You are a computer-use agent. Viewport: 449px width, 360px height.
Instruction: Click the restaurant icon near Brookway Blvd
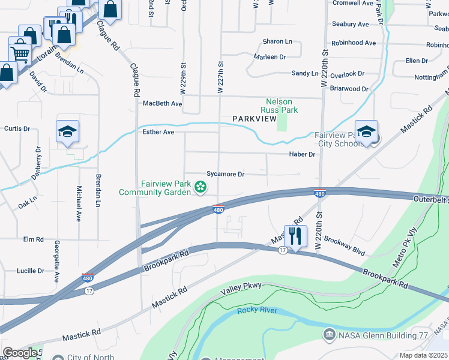tap(295, 236)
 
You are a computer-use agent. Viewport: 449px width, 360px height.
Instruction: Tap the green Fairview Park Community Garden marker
tap(200, 189)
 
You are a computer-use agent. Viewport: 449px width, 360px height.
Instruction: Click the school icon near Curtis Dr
tap(68, 132)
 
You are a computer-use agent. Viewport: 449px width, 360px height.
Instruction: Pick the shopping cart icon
tap(20, 52)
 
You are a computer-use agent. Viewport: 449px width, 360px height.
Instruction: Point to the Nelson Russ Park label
tap(279, 106)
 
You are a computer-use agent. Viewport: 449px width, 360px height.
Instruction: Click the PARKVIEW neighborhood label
tap(254, 119)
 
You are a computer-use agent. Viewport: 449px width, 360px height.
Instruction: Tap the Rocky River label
tap(257, 310)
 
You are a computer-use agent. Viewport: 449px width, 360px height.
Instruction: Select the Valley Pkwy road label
tap(241, 287)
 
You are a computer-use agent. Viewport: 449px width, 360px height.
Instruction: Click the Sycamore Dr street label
tap(225, 174)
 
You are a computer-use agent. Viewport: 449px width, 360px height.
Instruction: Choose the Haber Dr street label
tap(303, 154)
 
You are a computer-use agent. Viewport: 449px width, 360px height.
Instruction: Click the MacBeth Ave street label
tap(162, 103)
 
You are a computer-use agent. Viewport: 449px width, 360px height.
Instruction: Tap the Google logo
tap(19, 353)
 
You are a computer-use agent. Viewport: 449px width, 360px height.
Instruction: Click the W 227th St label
tap(220, 77)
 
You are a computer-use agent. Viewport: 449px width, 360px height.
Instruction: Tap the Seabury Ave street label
tap(350, 24)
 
